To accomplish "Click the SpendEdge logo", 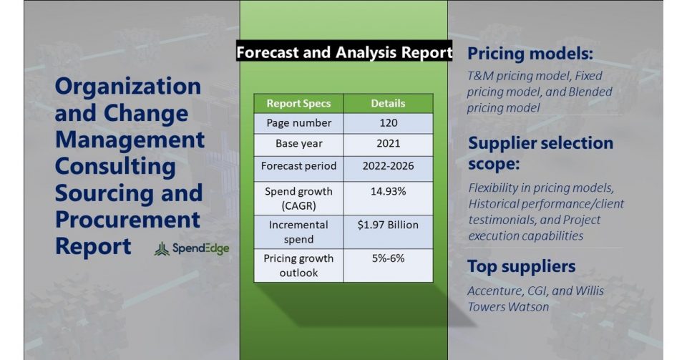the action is pyautogui.click(x=192, y=249).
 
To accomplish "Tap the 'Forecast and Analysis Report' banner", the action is pyautogui.click(x=344, y=52).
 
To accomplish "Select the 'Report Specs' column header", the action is pyautogui.click(x=299, y=103).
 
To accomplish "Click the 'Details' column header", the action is pyautogui.click(x=388, y=103).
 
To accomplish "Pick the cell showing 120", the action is pyautogui.click(x=388, y=123).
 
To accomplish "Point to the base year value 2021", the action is pyautogui.click(x=388, y=144).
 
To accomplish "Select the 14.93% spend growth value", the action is pyautogui.click(x=388, y=191).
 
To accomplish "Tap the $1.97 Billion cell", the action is pyautogui.click(x=388, y=225).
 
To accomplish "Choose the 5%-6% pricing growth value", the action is pyautogui.click(x=388, y=258).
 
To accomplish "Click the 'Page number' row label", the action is pyautogui.click(x=299, y=123).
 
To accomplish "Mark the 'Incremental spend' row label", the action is pyautogui.click(x=299, y=232).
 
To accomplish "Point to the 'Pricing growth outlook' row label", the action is pyautogui.click(x=299, y=266).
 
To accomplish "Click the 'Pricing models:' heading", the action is pyautogui.click(x=530, y=54).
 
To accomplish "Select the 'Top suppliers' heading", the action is pyautogui.click(x=522, y=266).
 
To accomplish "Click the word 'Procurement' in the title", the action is pyautogui.click(x=127, y=220).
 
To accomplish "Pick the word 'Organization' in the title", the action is pyautogui.click(x=128, y=87).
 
